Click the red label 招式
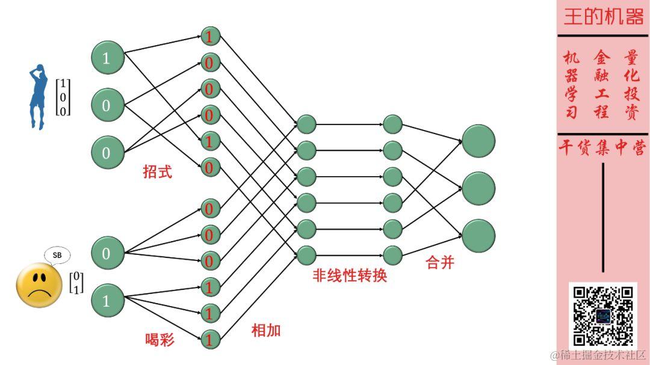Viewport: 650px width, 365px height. (x=157, y=172)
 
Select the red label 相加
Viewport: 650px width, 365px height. (x=266, y=330)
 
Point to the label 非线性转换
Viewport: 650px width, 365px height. (x=350, y=276)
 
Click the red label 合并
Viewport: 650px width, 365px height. (x=439, y=263)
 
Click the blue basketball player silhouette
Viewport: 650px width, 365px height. (x=38, y=96)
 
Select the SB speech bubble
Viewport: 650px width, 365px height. (x=57, y=255)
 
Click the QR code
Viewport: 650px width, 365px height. (x=602, y=316)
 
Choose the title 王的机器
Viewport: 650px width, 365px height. (x=603, y=17)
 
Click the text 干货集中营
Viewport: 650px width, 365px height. (x=602, y=149)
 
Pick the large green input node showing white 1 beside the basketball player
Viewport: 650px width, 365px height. (x=107, y=58)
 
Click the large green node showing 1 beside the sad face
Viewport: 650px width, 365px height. (x=107, y=301)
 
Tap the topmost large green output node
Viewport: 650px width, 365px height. (x=478, y=141)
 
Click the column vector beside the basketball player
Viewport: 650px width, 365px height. (x=63, y=97)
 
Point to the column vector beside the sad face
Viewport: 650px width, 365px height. (x=76, y=283)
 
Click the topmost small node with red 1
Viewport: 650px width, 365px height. (x=209, y=37)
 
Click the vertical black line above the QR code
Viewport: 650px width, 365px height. (x=602, y=217)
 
